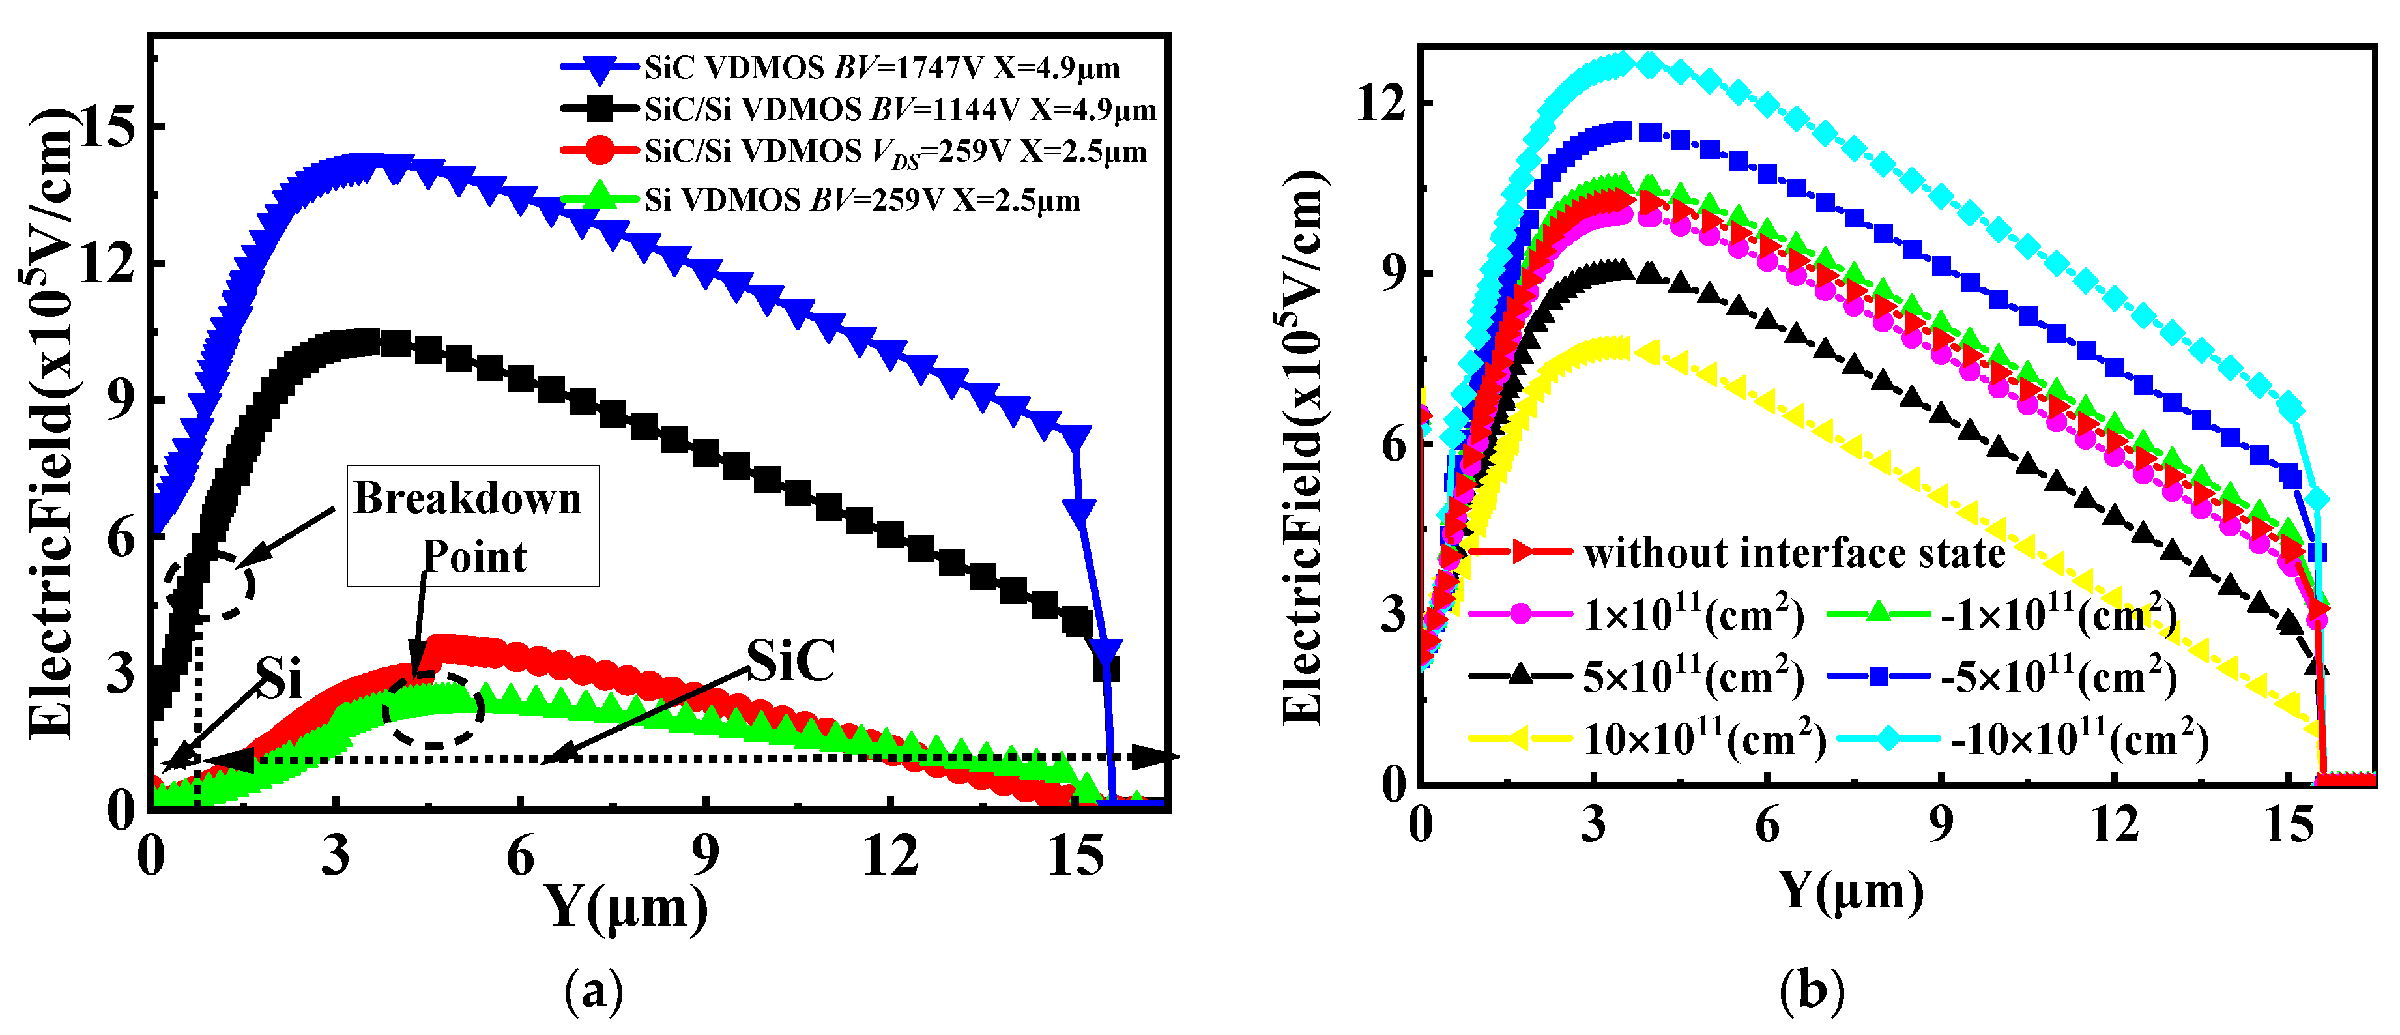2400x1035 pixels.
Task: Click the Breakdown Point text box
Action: (x=472, y=527)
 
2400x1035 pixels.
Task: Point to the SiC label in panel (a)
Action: (x=790, y=662)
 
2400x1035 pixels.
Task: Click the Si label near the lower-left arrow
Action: (x=280, y=678)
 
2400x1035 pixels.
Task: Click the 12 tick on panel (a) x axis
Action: (x=889, y=855)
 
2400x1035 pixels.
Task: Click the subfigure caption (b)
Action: (x=1811, y=989)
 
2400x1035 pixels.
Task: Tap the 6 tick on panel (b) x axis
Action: (x=1767, y=825)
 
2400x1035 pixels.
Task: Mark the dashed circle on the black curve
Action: (x=210, y=586)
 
